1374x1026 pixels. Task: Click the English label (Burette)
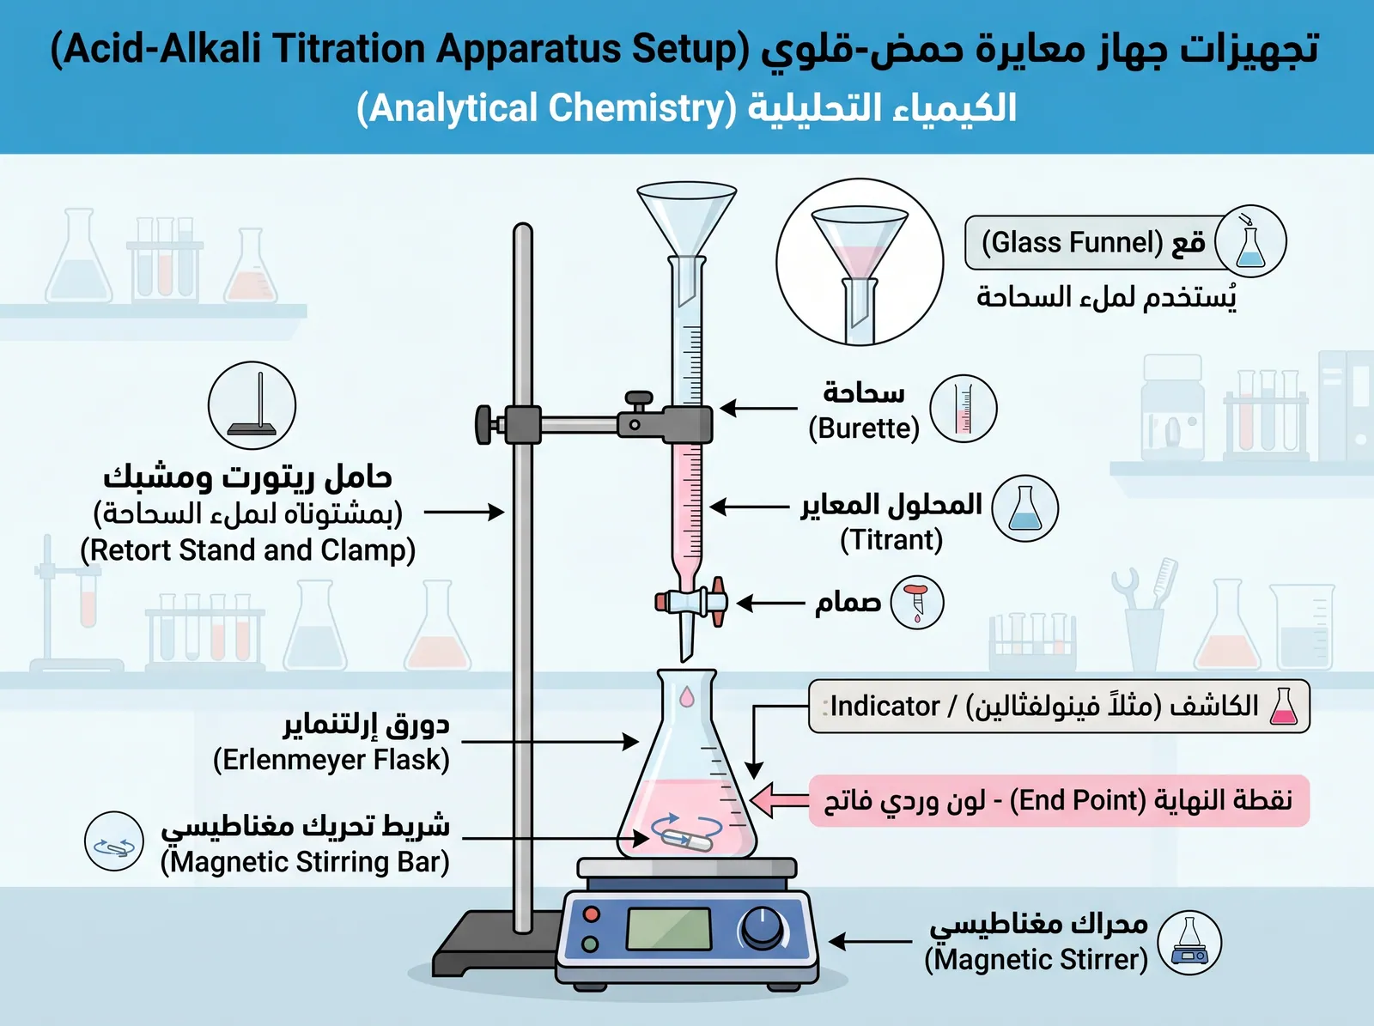coord(864,429)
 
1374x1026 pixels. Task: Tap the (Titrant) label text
coord(891,540)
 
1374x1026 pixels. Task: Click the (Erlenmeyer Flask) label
coord(331,760)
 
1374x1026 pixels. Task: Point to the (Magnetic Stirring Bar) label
coord(305,862)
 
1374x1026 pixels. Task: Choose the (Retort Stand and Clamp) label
coord(248,550)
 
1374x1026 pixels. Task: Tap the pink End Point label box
coord(1059,801)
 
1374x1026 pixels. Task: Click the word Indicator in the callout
coord(885,707)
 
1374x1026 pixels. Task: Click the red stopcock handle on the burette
coord(718,601)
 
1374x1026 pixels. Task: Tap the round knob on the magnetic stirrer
coord(762,928)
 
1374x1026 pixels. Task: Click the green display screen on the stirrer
coord(668,928)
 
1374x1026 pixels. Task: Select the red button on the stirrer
coord(591,914)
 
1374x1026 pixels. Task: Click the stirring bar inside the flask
coord(687,840)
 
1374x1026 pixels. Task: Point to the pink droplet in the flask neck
coord(687,696)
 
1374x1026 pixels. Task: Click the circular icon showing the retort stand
coord(252,405)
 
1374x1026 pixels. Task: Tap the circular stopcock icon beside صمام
coord(917,603)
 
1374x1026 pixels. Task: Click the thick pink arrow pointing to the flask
coord(780,800)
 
